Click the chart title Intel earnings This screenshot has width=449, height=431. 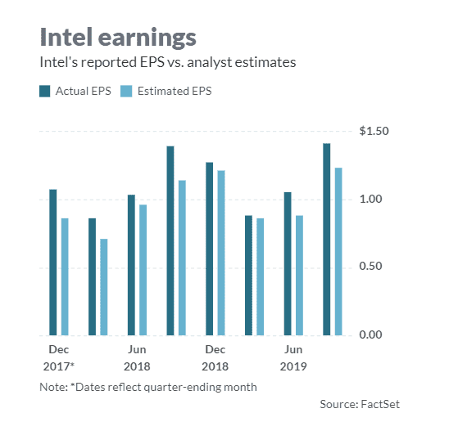point(118,37)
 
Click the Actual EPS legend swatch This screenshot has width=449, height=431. point(45,91)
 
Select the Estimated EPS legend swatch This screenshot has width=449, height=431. point(126,91)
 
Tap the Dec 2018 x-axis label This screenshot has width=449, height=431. point(215,358)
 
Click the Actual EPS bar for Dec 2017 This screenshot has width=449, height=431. point(53,262)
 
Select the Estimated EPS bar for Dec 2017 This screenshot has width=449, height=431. point(64,276)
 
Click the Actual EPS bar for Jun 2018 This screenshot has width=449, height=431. point(131,265)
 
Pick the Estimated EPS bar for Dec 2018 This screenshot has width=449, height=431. point(221,253)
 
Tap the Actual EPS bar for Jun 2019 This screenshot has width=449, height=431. point(287,263)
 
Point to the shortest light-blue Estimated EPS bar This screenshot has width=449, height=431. point(103,287)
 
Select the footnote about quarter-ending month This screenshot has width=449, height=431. point(147,387)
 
